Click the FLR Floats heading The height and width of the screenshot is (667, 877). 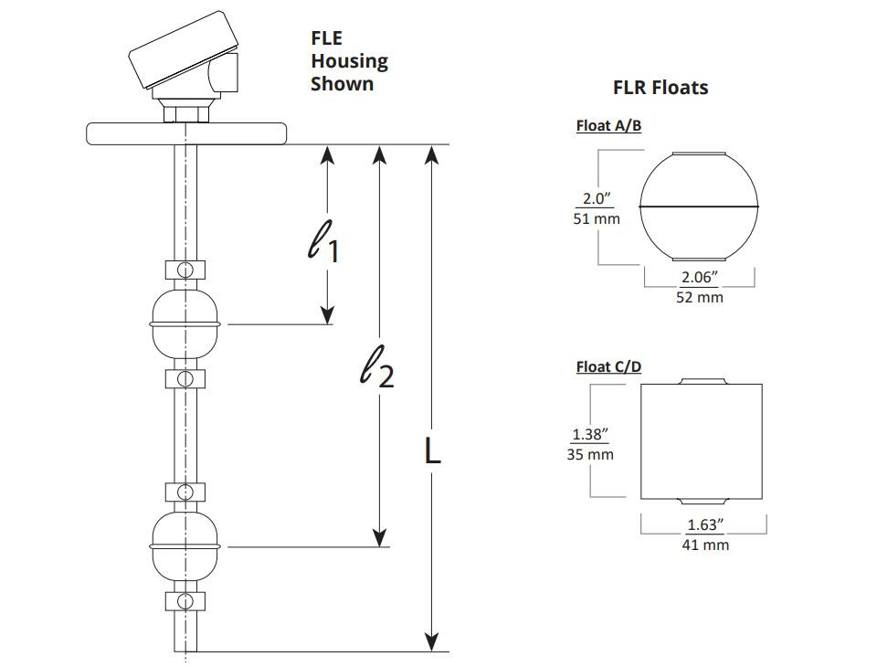click(660, 88)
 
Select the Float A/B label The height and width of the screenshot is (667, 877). click(608, 126)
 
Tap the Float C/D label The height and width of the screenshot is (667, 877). click(608, 367)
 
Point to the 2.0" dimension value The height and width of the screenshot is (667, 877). click(597, 198)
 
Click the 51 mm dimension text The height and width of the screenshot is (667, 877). click(597, 218)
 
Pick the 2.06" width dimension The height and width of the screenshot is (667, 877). click(699, 277)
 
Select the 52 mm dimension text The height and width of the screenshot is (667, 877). click(699, 297)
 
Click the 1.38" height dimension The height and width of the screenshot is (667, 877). click(590, 434)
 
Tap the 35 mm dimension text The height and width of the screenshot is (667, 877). click(590, 454)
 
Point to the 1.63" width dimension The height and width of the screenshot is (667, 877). click(705, 524)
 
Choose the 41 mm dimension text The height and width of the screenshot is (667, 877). click(705, 545)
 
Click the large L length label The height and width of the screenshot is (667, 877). click(432, 450)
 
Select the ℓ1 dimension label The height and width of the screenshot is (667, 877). click(323, 241)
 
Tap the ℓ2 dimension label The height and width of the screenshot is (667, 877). click(376, 366)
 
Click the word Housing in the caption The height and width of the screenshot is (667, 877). click(350, 61)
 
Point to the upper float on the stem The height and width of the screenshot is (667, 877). click(185, 324)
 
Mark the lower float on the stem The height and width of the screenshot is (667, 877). click(185, 546)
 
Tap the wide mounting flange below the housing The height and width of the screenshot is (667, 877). click(186, 133)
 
